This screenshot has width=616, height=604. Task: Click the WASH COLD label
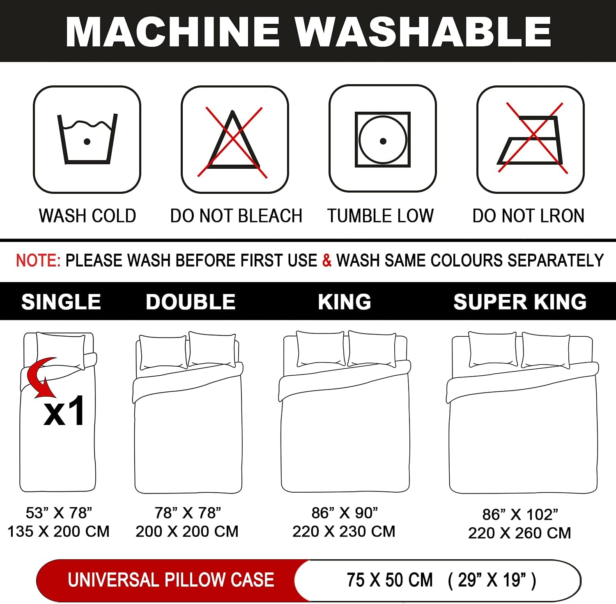[87, 216]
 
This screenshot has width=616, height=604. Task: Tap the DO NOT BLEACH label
[236, 216]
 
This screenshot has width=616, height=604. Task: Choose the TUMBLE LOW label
[380, 216]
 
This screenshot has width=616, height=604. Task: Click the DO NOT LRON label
[529, 216]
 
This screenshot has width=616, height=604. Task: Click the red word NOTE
[38, 260]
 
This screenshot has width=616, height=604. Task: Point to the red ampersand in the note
[327, 260]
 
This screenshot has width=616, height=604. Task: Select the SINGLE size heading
[61, 302]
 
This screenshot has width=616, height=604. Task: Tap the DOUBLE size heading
[191, 302]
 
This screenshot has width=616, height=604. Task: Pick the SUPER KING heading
[520, 302]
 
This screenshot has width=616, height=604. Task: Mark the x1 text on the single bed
[65, 411]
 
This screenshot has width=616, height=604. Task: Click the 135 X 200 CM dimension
[59, 531]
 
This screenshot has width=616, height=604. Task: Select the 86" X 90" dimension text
[345, 512]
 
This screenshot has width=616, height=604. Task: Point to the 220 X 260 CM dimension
[519, 533]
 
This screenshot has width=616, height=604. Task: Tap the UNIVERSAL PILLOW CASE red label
[171, 580]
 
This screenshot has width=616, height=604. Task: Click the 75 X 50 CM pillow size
[390, 580]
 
